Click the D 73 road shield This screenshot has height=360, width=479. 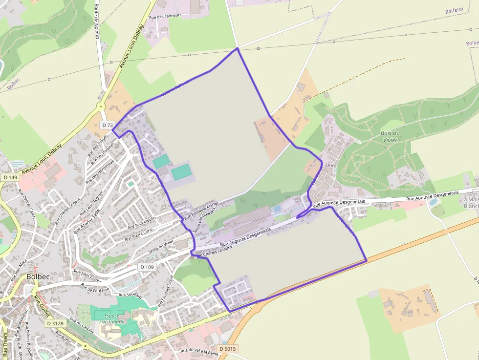click(108, 126)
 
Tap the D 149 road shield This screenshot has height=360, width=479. click(9, 177)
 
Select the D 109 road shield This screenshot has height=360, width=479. click(147, 267)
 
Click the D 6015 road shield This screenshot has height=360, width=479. click(227, 349)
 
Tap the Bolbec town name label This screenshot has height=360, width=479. click(38, 276)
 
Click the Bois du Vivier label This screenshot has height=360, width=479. click(391, 136)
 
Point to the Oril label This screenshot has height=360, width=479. click(329, 166)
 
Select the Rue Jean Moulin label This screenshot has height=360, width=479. click(141, 222)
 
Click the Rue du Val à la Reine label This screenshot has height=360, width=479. click(199, 352)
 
